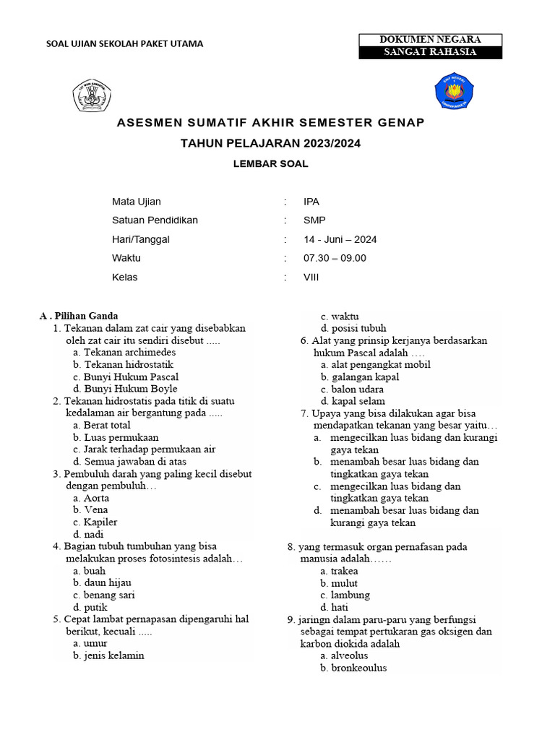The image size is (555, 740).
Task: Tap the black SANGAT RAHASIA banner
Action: pyautogui.click(x=430, y=53)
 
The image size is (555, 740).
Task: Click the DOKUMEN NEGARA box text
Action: pyautogui.click(x=430, y=40)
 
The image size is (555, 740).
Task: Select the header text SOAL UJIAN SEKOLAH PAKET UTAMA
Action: pyautogui.click(x=124, y=43)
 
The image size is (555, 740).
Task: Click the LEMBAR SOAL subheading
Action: pyautogui.click(x=270, y=164)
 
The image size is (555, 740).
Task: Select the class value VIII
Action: pyautogui.click(x=311, y=277)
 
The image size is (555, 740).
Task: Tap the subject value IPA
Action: pyautogui.click(x=311, y=202)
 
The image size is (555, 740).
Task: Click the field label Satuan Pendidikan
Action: pyautogui.click(x=155, y=221)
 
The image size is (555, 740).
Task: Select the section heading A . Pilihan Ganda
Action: pyautogui.click(x=79, y=316)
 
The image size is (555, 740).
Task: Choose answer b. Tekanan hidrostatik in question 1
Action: pyautogui.click(x=123, y=365)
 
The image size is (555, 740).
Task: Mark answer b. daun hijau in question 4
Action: pyautogui.click(x=102, y=583)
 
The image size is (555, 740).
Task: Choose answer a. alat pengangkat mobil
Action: pyautogui.click(x=375, y=365)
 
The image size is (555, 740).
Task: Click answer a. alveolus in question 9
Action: pyautogui.click(x=344, y=656)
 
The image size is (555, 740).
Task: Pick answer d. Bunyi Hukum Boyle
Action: pyautogui.click(x=125, y=389)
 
